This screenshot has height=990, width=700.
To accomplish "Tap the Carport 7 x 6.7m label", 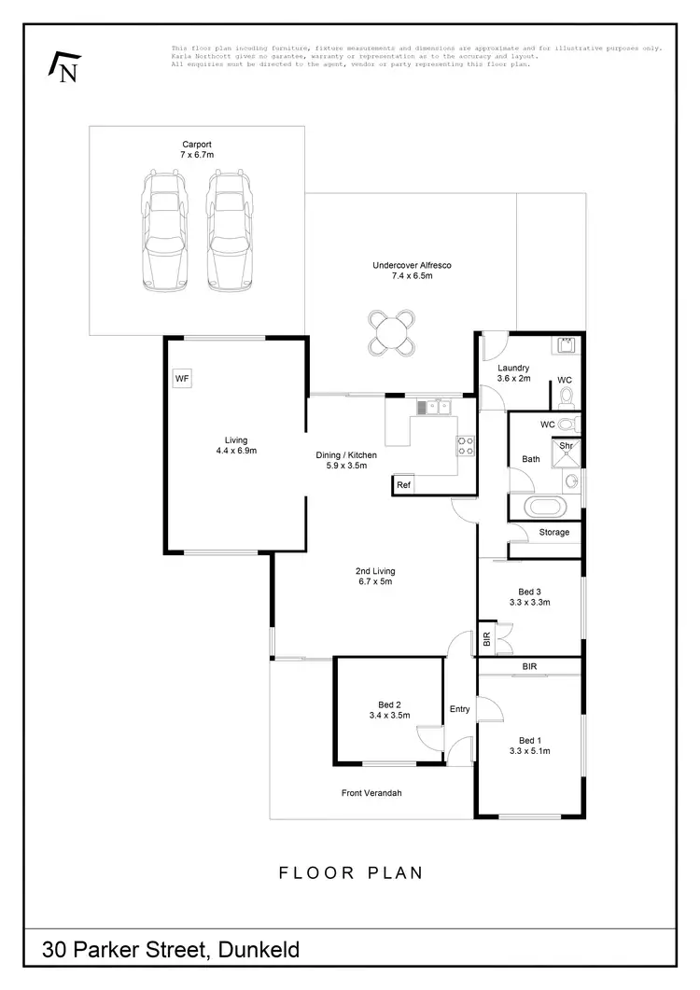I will point(197,150).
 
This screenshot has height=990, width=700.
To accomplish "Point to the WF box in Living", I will point(183,379).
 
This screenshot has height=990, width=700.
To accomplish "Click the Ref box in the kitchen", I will point(403,485).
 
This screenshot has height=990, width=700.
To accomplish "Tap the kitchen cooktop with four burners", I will point(466,445).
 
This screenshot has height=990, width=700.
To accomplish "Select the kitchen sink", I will point(432,407).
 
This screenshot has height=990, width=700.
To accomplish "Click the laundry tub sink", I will point(566,346).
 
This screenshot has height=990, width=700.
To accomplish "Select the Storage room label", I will point(553,533).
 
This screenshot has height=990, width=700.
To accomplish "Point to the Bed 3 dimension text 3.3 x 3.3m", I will point(529,603).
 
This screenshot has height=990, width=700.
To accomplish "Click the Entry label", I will point(459,709).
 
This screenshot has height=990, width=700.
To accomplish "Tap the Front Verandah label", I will point(371,793).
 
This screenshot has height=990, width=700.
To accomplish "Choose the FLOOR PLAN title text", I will point(351,873).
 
